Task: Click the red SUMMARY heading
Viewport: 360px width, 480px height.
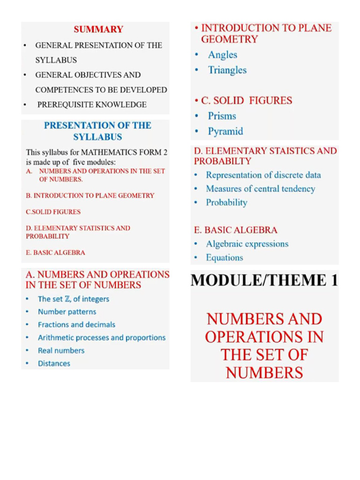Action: click(x=98, y=30)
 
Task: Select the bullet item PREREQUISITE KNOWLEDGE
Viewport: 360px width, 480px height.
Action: click(x=91, y=105)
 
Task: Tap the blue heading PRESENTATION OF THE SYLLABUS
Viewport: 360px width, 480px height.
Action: click(x=97, y=131)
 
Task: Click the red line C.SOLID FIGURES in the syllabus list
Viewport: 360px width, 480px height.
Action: click(x=53, y=212)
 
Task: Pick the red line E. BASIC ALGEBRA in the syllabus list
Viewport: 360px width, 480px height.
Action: click(x=55, y=253)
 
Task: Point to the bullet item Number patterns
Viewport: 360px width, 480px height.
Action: click(x=67, y=312)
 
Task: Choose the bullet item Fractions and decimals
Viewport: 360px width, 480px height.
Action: click(x=76, y=324)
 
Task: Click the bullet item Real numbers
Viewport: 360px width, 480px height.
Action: click(x=61, y=351)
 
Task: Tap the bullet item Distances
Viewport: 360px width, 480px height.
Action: click(x=54, y=363)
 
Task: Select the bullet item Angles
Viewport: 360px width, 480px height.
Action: click(x=223, y=55)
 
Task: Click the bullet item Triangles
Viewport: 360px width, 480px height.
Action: click(x=227, y=70)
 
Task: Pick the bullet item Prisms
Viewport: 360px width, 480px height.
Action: click(x=222, y=116)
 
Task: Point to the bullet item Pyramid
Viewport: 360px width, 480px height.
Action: click(x=225, y=132)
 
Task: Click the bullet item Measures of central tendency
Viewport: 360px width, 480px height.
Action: click(x=260, y=189)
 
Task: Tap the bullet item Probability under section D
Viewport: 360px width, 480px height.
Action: click(x=226, y=202)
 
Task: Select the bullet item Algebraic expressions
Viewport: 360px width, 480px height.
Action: click(x=247, y=244)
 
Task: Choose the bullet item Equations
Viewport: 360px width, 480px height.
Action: click(x=225, y=258)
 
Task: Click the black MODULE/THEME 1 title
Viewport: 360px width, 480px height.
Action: click(x=264, y=280)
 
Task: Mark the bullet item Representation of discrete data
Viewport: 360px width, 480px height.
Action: click(x=263, y=175)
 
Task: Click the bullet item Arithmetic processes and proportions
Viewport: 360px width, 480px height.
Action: click(x=102, y=337)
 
